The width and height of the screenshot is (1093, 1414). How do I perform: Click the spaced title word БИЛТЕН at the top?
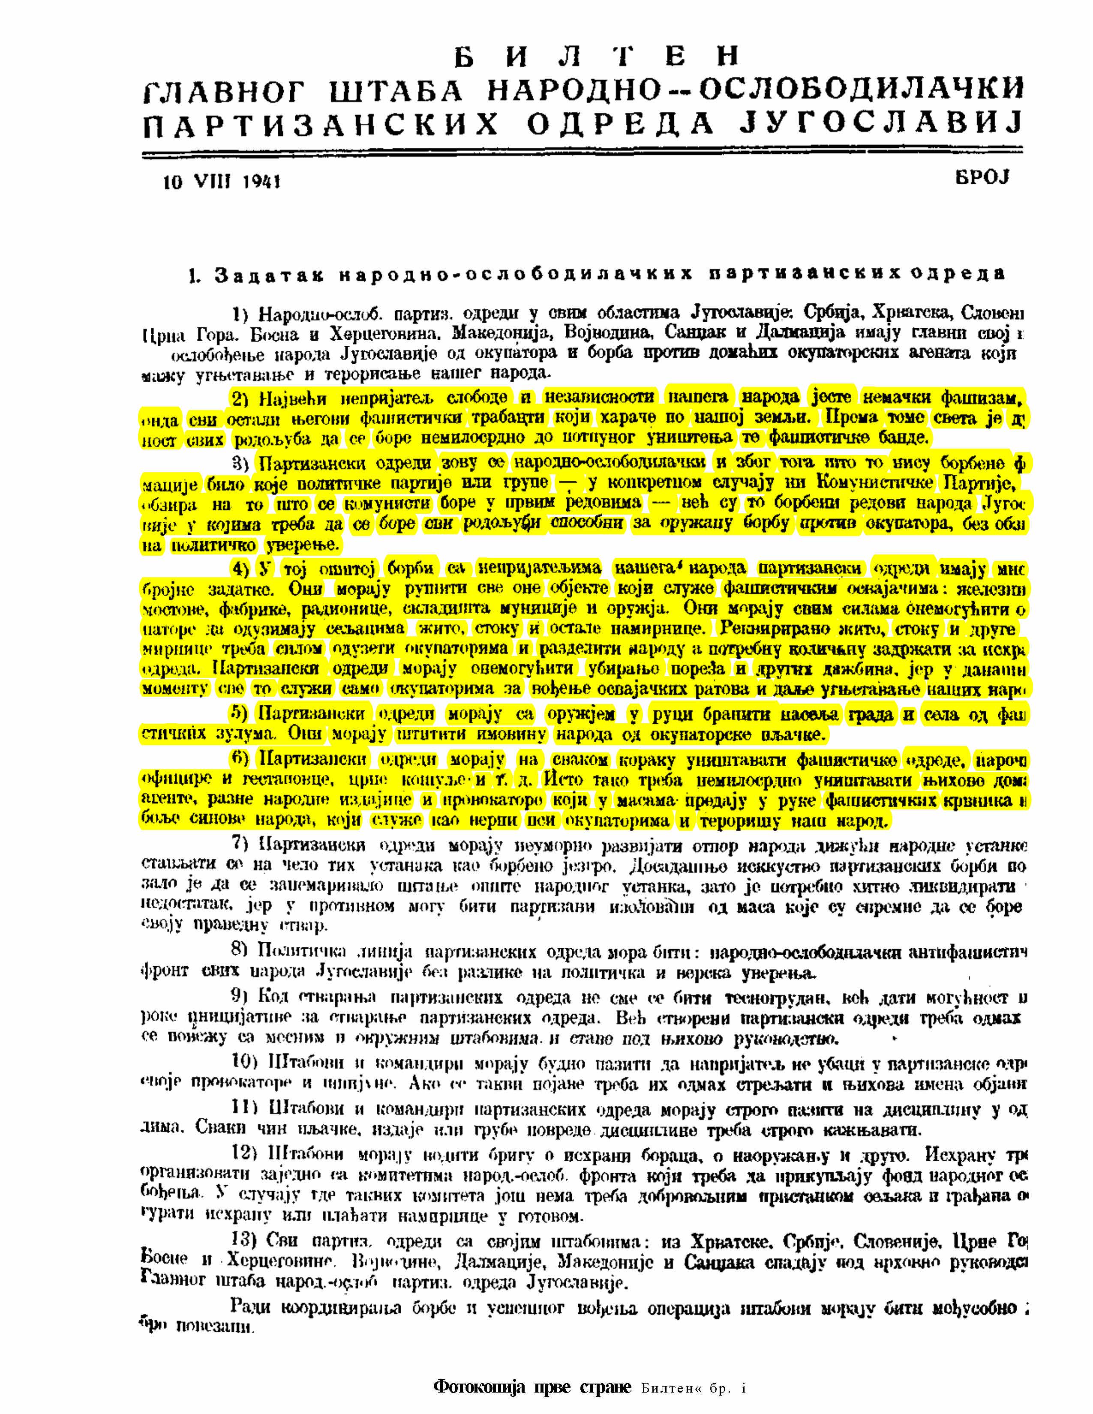pyautogui.click(x=596, y=57)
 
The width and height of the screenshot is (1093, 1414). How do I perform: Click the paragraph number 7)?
pyautogui.click(x=241, y=845)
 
